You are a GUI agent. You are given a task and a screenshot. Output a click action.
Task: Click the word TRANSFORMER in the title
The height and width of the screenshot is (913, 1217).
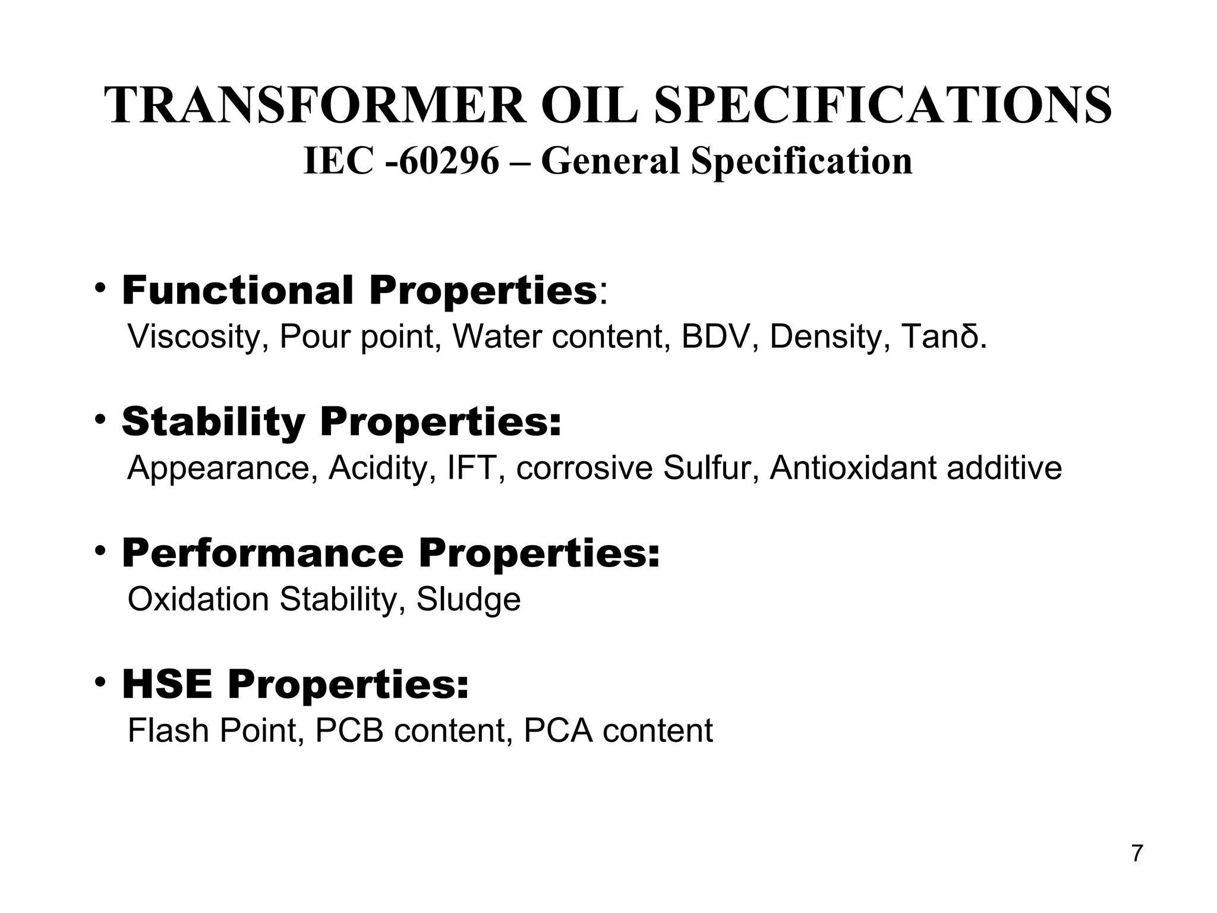[315, 106]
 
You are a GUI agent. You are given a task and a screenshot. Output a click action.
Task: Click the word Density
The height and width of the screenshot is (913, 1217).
[830, 337]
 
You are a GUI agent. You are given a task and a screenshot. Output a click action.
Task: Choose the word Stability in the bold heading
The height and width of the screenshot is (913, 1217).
[213, 422]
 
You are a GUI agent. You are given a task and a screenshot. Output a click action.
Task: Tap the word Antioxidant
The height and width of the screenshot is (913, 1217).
[853, 468]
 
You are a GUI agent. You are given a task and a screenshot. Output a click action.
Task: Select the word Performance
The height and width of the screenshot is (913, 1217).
[263, 553]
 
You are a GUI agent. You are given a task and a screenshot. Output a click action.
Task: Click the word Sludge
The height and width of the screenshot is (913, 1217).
[468, 600]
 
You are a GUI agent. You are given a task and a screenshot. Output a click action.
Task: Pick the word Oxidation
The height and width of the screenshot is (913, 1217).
[198, 600]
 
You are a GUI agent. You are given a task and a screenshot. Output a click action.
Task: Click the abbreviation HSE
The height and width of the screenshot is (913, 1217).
[167, 685]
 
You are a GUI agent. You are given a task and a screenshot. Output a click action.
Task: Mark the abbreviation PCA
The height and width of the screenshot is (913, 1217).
[558, 731]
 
